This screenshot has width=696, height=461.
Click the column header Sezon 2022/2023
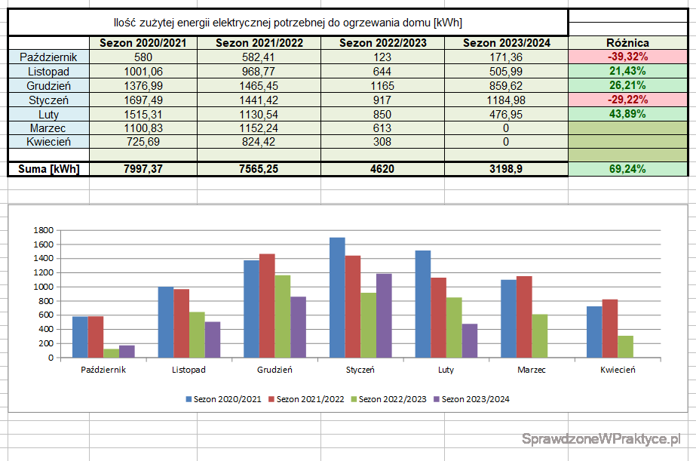(x=382, y=43)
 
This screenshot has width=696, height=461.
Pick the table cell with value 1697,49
(x=143, y=100)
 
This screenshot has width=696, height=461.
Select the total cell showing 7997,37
(x=143, y=169)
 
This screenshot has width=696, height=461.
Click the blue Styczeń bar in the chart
(x=337, y=298)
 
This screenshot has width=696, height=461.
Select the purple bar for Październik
(x=127, y=352)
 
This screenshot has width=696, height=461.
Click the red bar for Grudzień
(x=267, y=306)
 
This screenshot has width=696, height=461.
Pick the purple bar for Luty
(x=470, y=340)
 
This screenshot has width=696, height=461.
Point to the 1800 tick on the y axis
(x=44, y=230)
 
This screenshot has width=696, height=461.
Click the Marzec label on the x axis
(x=532, y=370)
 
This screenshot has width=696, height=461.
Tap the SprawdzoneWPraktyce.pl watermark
(x=601, y=438)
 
